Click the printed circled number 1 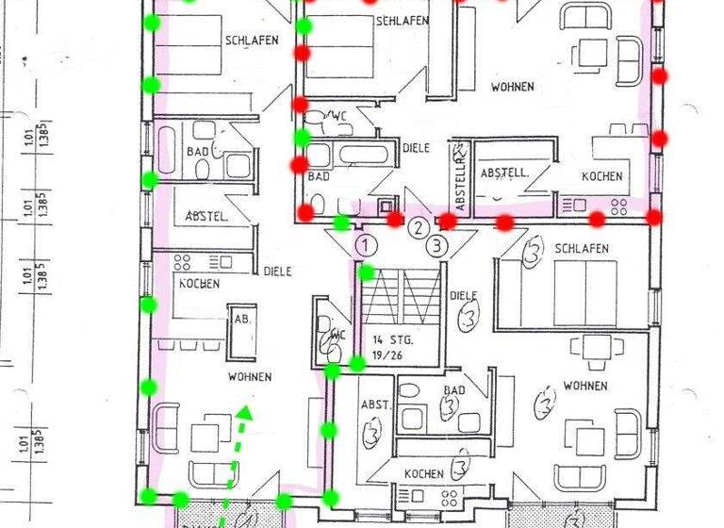367,245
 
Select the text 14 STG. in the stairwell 391,339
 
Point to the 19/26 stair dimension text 386,355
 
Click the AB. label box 240,319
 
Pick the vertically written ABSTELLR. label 460,178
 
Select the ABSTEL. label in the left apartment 206,216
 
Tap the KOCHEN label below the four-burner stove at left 199,283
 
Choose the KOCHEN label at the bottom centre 423,473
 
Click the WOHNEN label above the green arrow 250,376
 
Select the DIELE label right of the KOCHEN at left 277,271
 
